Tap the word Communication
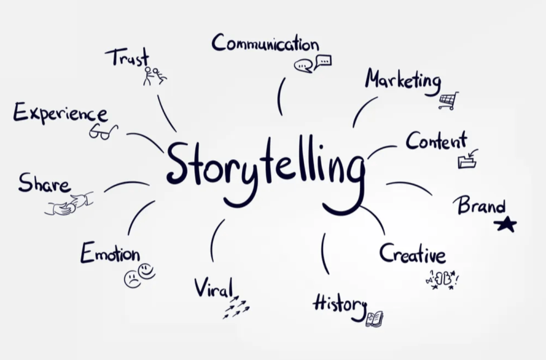265,43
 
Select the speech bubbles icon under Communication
312,64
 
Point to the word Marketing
403,81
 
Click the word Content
436,141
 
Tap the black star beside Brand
505,224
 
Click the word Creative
412,254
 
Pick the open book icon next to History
374,319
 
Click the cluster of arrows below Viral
235,309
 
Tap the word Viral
213,288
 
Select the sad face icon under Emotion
132,279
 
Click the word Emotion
110,253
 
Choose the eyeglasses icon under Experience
103,131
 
